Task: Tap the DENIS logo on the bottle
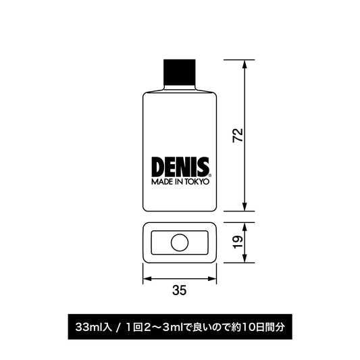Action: [x=180, y=168]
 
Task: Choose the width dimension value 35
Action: [x=179, y=292]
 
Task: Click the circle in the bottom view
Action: [x=180, y=242]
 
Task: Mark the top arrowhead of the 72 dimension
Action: [x=245, y=63]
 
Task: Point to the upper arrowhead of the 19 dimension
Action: [x=245, y=226]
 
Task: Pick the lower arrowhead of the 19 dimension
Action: [x=245, y=260]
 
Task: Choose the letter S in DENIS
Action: [x=203, y=168]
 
